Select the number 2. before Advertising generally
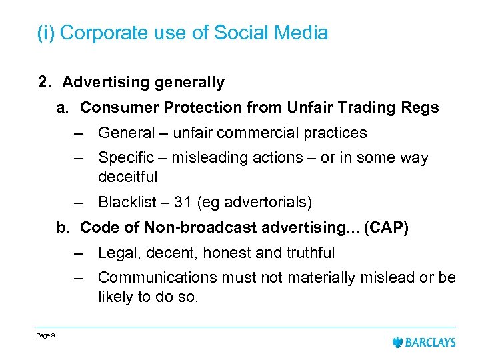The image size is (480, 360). pyautogui.click(x=45, y=83)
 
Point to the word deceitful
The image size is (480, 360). pyautogui.click(x=127, y=177)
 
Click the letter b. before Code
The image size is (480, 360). pyautogui.click(x=63, y=227)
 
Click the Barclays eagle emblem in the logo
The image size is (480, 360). pyautogui.click(x=399, y=342)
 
